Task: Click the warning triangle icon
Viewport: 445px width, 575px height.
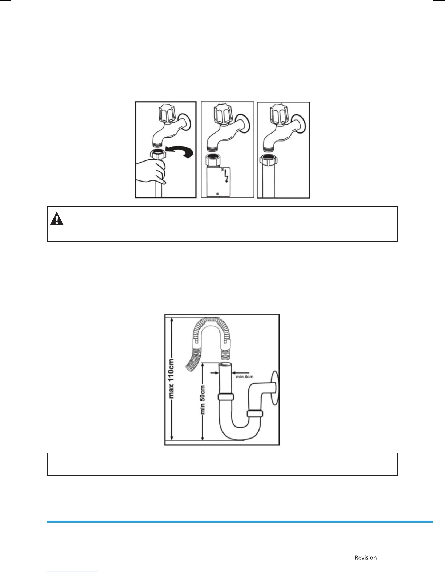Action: coord(57,219)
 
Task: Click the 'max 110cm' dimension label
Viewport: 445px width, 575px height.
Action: coord(172,378)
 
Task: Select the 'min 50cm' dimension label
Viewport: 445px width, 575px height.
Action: coord(203,400)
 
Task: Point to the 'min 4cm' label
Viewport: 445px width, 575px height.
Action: coord(244,376)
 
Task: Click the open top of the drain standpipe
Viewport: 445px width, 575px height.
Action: coord(225,365)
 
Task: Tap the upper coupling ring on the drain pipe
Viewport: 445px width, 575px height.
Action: coord(225,397)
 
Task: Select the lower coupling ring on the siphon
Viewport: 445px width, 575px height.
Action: coord(254,413)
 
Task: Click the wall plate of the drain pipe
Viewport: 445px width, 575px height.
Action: coord(275,387)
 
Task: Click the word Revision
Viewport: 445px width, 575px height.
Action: coord(366,558)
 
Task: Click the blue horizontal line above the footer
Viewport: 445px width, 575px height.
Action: coord(240,522)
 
